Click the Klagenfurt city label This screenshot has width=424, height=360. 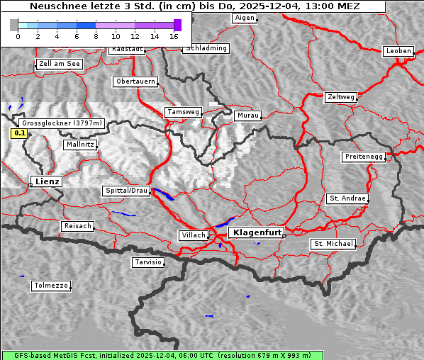click(257, 232)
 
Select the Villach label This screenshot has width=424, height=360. click(193, 235)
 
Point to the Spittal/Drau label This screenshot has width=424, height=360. click(127, 191)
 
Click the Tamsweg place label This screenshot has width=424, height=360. click(184, 112)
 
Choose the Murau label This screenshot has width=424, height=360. click(248, 115)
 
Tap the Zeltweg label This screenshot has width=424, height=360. click(340, 96)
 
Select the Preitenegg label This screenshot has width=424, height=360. click(364, 157)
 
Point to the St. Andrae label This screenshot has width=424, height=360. click(347, 198)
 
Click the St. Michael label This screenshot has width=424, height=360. click(333, 244)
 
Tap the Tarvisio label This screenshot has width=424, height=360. click(148, 262)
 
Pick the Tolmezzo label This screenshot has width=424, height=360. click(50, 286)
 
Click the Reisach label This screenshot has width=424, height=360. click(77, 226)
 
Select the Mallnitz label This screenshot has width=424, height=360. click(79, 145)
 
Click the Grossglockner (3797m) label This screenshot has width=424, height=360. click(62, 123)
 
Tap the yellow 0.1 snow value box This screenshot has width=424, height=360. click(20, 133)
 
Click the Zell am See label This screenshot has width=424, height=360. click(59, 64)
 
